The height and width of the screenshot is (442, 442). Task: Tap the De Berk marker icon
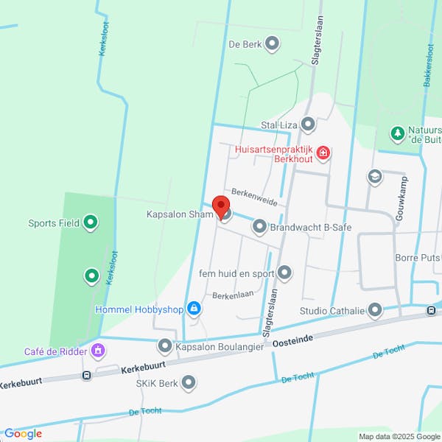pyautogui.click(x=273, y=44)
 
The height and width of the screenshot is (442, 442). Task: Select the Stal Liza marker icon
pyautogui.click(x=308, y=124)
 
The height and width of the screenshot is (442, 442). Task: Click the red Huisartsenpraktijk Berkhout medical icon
pyautogui.click(x=323, y=153)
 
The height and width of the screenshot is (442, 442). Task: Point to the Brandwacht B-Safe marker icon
pyautogui.click(x=259, y=228)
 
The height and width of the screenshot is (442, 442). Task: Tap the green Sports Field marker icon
pyautogui.click(x=91, y=221)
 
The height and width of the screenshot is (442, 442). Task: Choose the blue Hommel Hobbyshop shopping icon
pyautogui.click(x=194, y=309)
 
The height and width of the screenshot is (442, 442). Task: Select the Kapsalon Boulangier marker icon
pyautogui.click(x=165, y=345)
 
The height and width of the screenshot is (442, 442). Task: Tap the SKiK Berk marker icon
pyautogui.click(x=189, y=383)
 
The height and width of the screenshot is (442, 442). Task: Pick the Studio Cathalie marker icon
pyautogui.click(x=376, y=310)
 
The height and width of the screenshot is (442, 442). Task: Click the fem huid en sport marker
pyautogui.click(x=284, y=273)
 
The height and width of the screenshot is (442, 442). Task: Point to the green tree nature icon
pyautogui.click(x=398, y=133)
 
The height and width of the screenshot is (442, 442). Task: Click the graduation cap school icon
pyautogui.click(x=375, y=177)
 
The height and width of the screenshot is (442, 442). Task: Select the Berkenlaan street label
pyautogui.click(x=233, y=295)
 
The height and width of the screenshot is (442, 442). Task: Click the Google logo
pyautogui.click(x=23, y=433)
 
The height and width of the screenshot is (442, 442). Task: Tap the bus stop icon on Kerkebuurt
pyautogui.click(x=87, y=376)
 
